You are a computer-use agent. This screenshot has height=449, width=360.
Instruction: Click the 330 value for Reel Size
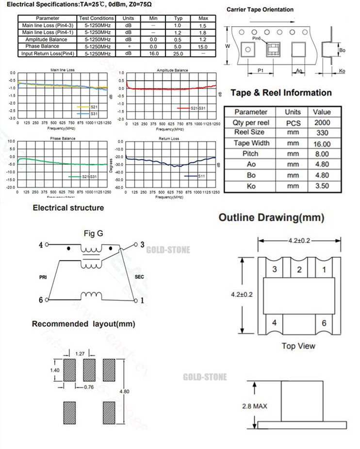tap(322, 133)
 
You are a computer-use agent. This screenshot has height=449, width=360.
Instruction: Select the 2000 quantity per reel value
tap(322, 122)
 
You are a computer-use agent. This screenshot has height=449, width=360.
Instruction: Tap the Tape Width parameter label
tap(251, 143)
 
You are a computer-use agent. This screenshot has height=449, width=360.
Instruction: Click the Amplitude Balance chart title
tap(172, 70)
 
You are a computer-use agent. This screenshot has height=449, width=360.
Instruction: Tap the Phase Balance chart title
tap(63, 138)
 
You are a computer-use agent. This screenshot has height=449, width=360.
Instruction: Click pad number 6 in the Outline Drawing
tap(324, 323)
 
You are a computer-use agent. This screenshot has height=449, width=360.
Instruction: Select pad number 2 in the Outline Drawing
tap(299, 269)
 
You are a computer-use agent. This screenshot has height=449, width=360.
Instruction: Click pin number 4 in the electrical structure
tap(41, 245)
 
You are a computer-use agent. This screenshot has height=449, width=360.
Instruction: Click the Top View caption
tap(298, 346)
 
